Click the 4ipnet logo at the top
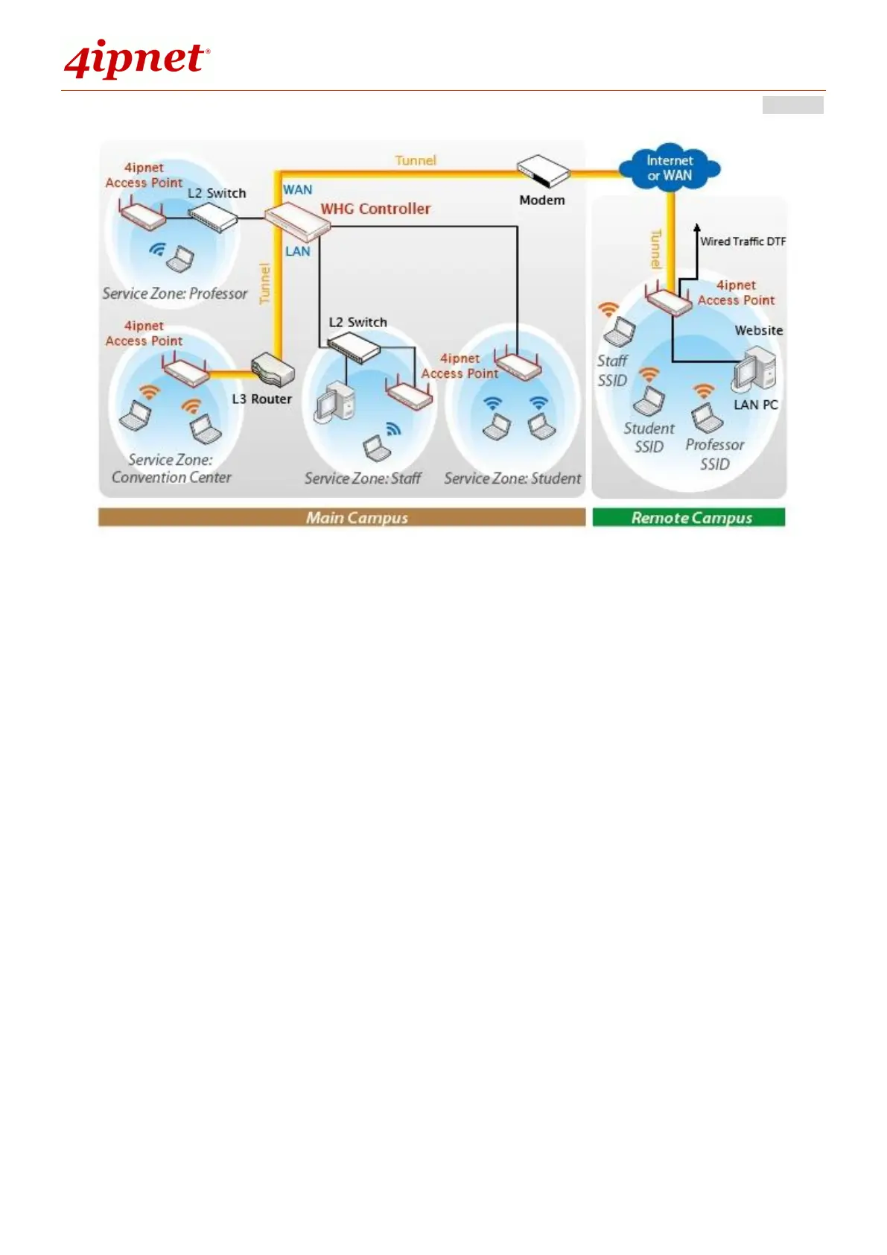(x=136, y=60)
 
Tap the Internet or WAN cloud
(x=670, y=168)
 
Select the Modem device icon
(x=543, y=171)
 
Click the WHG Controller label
(x=375, y=209)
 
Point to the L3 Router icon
(x=273, y=370)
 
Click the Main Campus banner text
(x=357, y=518)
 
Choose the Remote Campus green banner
(x=689, y=518)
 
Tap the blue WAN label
(x=297, y=190)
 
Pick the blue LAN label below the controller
(x=297, y=252)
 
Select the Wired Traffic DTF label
(x=743, y=241)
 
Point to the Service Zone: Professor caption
(x=175, y=294)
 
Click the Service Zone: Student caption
(x=512, y=478)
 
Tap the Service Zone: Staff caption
(x=363, y=478)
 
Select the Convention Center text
(x=171, y=478)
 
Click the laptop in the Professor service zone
(x=180, y=259)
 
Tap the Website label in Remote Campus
(x=758, y=330)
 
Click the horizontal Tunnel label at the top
(x=416, y=160)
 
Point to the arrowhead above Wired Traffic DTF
(x=696, y=227)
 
